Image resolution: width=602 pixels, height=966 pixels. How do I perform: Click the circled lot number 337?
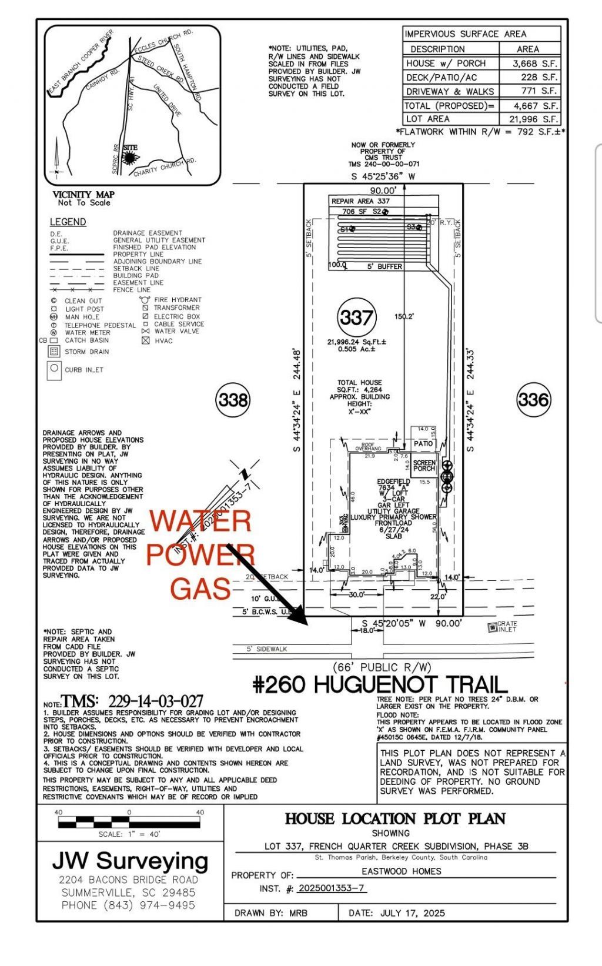pyautogui.click(x=356, y=318)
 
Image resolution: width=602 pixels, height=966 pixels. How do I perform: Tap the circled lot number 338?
pyautogui.click(x=233, y=400)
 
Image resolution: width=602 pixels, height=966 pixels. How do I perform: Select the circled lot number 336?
pyautogui.click(x=533, y=400)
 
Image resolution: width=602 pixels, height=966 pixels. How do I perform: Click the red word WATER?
pyautogui.click(x=200, y=522)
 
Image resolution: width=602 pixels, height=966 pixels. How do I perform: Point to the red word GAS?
pyautogui.click(x=200, y=589)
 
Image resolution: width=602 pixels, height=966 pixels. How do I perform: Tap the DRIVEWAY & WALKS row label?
pyautogui.click(x=450, y=92)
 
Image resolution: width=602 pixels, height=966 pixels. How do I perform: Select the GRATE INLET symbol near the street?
pyautogui.click(x=493, y=627)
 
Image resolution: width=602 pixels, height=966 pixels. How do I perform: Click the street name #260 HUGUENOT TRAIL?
pyautogui.click(x=380, y=684)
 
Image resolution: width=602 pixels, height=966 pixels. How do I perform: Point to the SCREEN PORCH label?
pyautogui.click(x=424, y=466)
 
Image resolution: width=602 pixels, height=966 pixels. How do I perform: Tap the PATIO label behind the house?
pyautogui.click(x=423, y=444)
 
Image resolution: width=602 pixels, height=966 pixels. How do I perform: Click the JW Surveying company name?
pyautogui.click(x=130, y=861)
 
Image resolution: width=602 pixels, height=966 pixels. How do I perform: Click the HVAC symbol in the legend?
pyautogui.click(x=146, y=340)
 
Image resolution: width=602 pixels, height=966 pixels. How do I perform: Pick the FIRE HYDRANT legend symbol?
pyautogui.click(x=145, y=300)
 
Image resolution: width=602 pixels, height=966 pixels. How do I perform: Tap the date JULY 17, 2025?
pyautogui.click(x=412, y=913)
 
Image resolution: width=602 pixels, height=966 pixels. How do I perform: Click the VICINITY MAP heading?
pyautogui.click(x=83, y=195)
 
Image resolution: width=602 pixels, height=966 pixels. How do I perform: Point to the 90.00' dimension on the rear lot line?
pyautogui.click(x=383, y=190)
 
